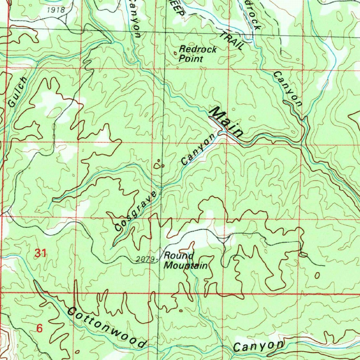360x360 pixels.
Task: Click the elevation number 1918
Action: click(56, 10)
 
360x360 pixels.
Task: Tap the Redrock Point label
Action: click(197, 54)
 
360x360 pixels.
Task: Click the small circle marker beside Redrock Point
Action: click(176, 53)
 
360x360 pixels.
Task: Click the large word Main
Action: click(226, 122)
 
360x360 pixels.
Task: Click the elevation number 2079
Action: click(145, 259)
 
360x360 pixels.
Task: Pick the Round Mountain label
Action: click(185, 261)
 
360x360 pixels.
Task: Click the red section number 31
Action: click(40, 253)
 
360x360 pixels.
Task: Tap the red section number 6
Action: click(39, 328)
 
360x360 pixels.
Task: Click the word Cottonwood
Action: click(107, 327)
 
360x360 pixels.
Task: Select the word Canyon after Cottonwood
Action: click(258, 346)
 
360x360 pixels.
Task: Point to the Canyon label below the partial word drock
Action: click(288, 89)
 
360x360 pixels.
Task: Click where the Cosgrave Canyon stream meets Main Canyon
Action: click(220, 133)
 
